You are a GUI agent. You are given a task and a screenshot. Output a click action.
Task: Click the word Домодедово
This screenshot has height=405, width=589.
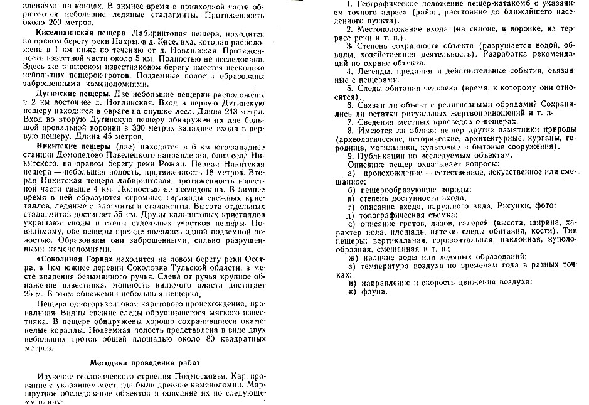77,155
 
